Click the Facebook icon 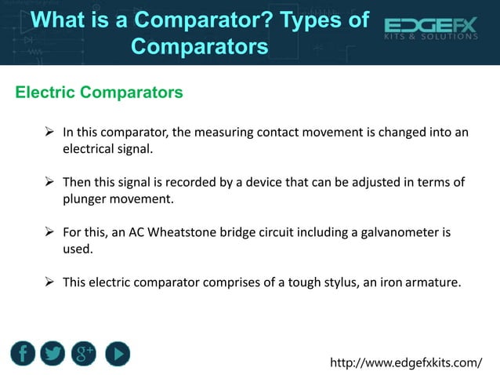click(x=23, y=354)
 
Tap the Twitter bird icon click(x=53, y=354)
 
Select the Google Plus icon click(x=84, y=354)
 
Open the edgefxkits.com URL click(x=406, y=362)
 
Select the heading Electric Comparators click(x=100, y=93)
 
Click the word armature click(x=431, y=282)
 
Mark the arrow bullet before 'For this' click(x=50, y=233)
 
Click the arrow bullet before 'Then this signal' click(x=50, y=183)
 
